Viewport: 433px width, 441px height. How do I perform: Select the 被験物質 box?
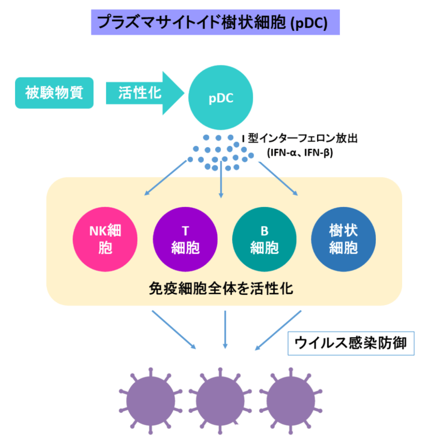(54, 93)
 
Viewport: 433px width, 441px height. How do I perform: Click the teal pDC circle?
(221, 97)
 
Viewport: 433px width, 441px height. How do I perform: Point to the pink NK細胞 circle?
(105, 239)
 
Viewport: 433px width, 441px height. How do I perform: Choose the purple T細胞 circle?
(185, 239)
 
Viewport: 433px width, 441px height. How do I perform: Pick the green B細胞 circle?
(264, 239)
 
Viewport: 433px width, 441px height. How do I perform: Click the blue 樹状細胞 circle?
(343, 239)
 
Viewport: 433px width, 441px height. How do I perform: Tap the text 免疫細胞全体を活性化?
(221, 288)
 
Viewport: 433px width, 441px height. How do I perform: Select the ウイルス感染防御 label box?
(350, 343)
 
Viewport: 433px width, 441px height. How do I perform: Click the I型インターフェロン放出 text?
(299, 139)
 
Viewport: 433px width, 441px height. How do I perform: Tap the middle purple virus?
(221, 399)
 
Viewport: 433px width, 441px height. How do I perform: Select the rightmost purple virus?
(290, 399)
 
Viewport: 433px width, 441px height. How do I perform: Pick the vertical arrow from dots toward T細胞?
(221, 179)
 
